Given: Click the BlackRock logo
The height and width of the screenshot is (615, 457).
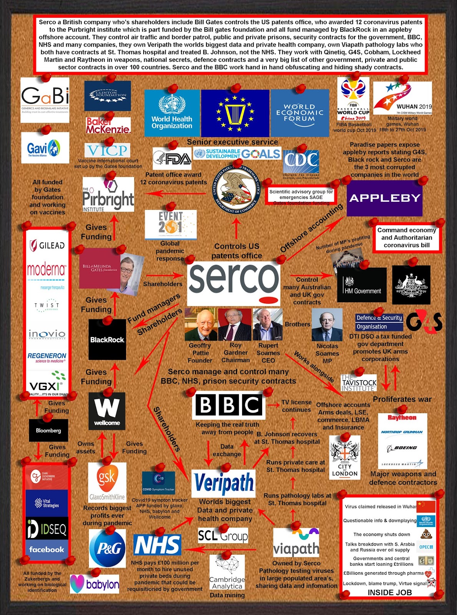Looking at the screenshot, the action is [x=107, y=339].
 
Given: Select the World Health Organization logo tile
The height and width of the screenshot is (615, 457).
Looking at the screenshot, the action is [x=172, y=113].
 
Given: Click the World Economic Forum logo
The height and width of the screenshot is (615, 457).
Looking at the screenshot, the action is [x=300, y=113].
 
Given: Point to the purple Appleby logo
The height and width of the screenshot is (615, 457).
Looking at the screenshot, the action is [x=384, y=198].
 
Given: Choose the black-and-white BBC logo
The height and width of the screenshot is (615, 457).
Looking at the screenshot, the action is [x=229, y=406].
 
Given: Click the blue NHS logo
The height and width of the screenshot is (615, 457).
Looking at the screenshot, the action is [x=157, y=545].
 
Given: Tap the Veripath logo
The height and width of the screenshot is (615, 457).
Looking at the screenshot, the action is [x=223, y=483].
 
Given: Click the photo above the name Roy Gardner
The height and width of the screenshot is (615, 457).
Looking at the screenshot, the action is [x=234, y=325].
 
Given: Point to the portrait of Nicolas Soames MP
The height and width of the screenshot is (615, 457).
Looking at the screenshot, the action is [x=327, y=325].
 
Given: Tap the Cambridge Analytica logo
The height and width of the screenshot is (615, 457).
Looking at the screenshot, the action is [x=227, y=573].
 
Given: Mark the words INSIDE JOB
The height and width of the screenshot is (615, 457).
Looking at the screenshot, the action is [x=389, y=592].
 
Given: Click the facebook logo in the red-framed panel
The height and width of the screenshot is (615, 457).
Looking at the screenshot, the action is [x=47, y=550].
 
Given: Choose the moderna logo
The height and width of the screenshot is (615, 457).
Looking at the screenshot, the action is [x=47, y=270].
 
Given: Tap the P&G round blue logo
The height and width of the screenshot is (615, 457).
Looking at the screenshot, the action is [x=107, y=548].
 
